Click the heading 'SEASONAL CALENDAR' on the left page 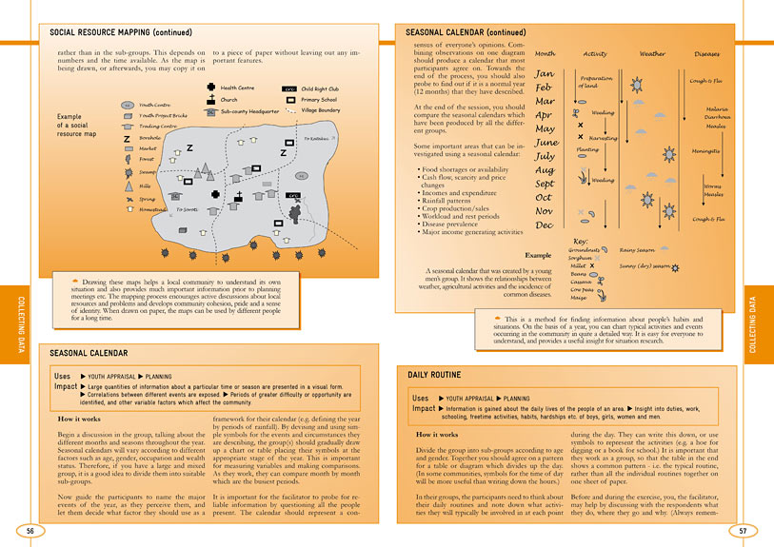[89, 353]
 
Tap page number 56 [30, 530]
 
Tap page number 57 [744, 530]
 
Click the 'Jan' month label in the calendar [545, 73]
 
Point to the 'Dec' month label [544, 225]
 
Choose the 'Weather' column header [652, 54]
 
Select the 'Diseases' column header [706, 54]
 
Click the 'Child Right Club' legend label [320, 88]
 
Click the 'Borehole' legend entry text [150, 137]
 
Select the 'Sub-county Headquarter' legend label [248, 110]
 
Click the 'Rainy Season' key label [639, 250]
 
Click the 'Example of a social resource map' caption [76, 125]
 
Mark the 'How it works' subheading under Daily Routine [441, 434]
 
